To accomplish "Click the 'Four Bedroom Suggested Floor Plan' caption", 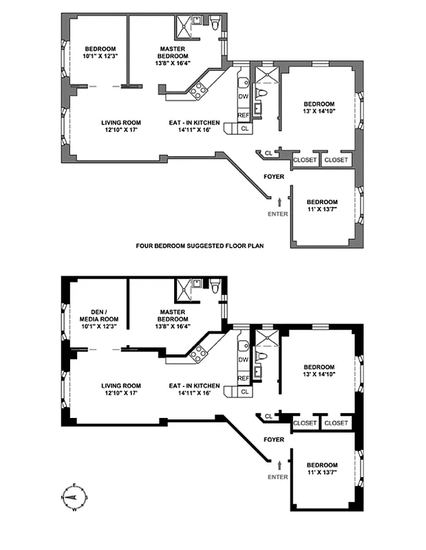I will (200, 245).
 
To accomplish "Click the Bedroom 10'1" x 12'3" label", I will (100, 52).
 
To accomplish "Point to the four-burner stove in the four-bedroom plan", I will (199, 90).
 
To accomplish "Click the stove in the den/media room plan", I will (199, 354).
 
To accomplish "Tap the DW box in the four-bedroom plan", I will (243, 96).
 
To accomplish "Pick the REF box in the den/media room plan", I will (243, 378).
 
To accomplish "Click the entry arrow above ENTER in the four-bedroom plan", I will (279, 201).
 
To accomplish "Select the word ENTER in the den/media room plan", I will (277, 476).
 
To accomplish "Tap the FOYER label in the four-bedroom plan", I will (274, 177).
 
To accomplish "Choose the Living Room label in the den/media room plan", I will (121, 390).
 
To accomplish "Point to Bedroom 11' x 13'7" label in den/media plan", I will (321, 469).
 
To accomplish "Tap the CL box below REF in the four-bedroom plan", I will (245, 129).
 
